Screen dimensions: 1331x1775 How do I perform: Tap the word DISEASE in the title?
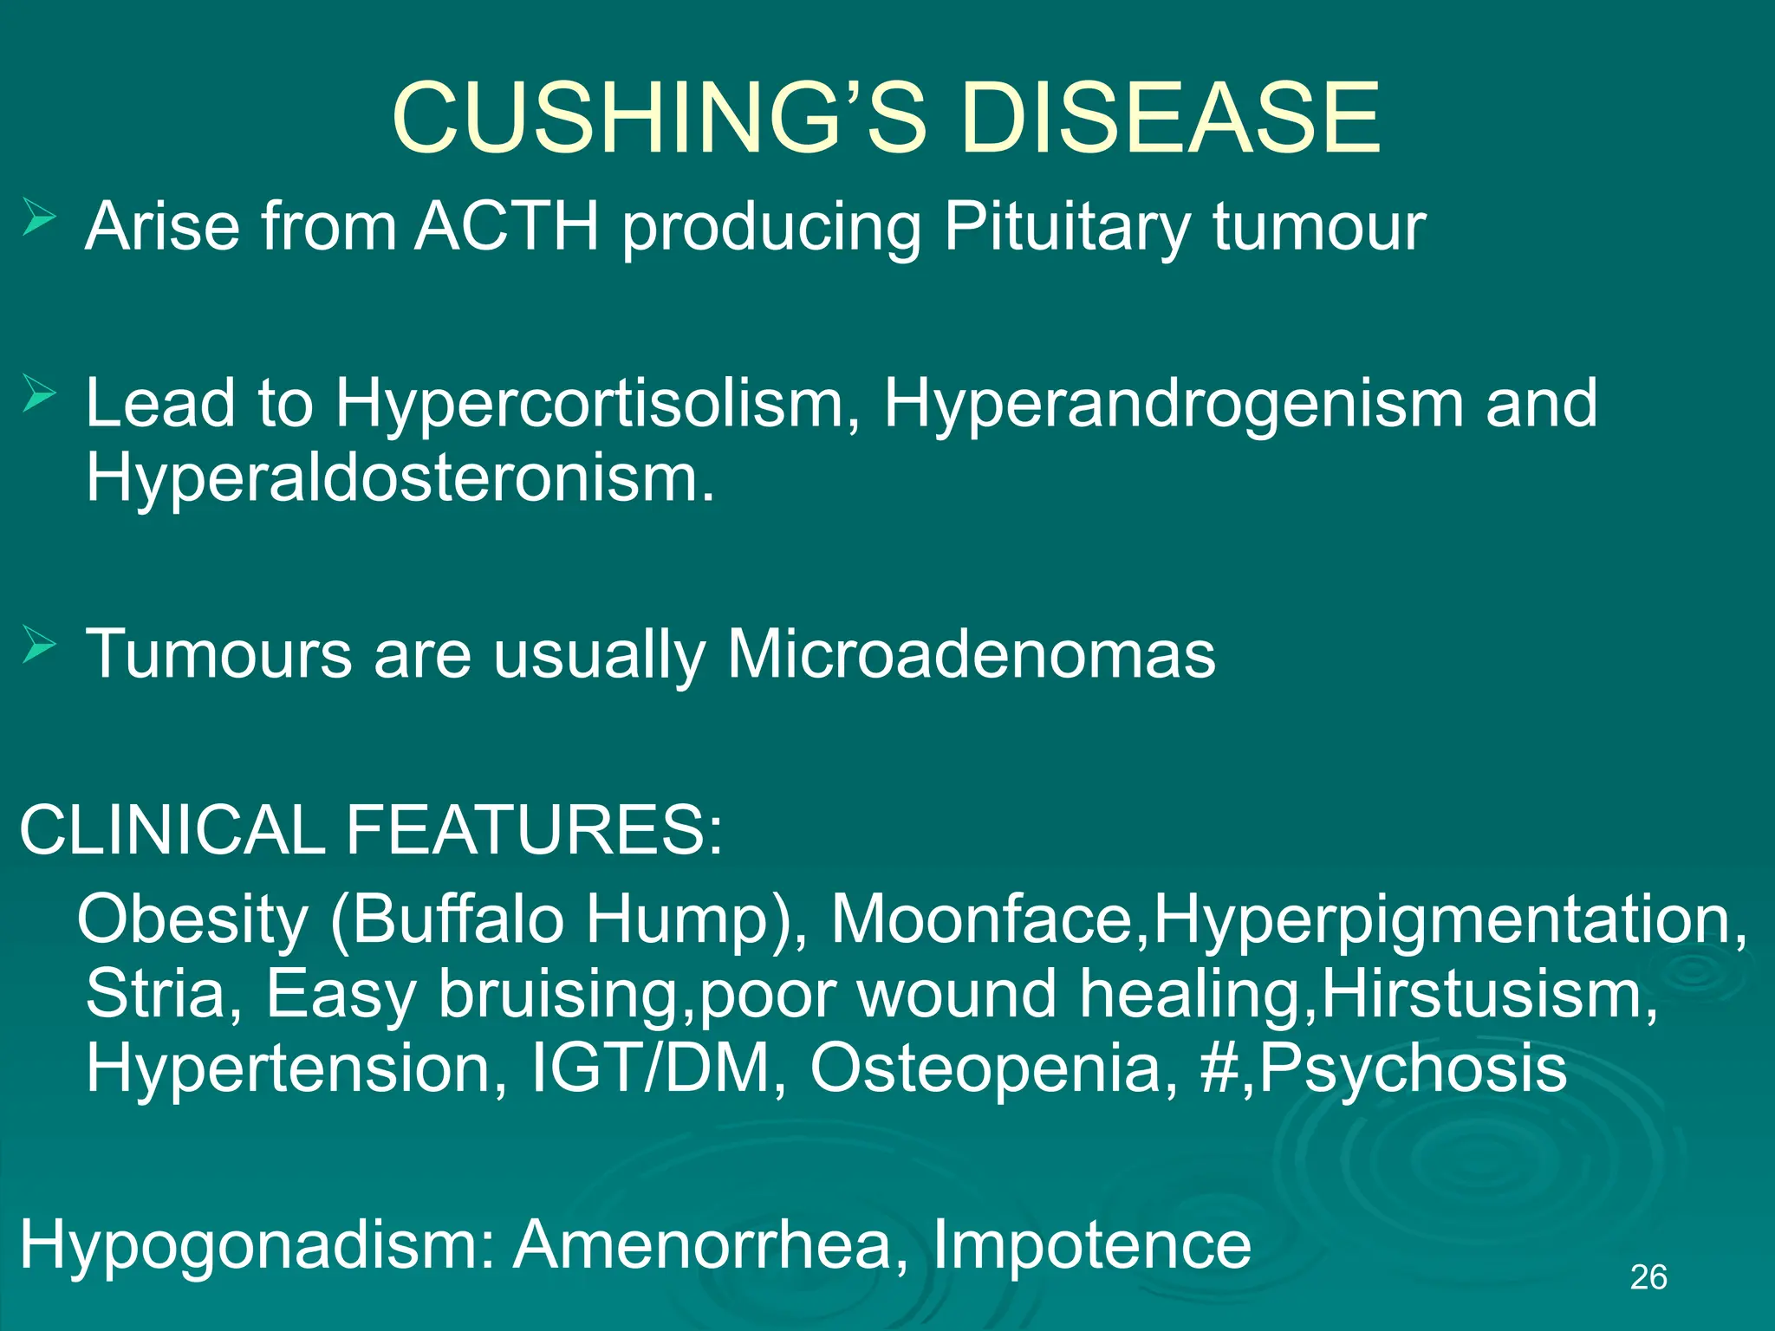(x=1170, y=117)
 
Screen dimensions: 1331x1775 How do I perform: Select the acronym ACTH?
(x=507, y=227)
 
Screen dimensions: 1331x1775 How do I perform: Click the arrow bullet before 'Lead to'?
(x=39, y=395)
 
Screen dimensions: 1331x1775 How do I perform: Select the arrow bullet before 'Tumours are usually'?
(x=39, y=646)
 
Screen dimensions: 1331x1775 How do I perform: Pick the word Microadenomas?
(x=971, y=654)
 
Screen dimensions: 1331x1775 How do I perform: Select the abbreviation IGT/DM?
(x=650, y=1068)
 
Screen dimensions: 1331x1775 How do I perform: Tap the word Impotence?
(x=1092, y=1245)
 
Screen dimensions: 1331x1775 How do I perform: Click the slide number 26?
(x=1648, y=1277)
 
